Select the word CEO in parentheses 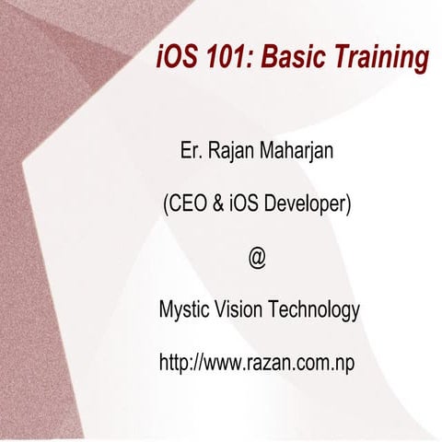click(187, 204)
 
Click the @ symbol click(257, 258)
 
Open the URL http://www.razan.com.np click(257, 363)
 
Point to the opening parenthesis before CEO click(164, 204)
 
